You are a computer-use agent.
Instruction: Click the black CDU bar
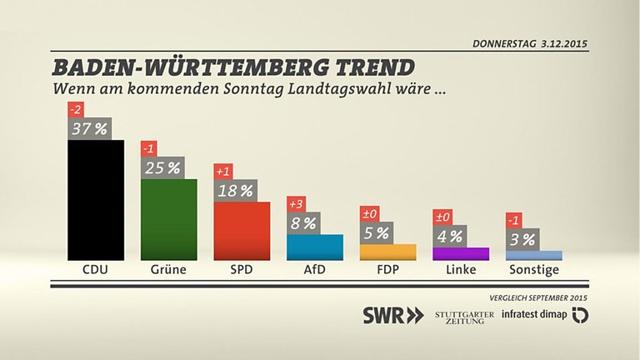tap(95, 200)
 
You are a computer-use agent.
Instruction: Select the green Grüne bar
tap(168, 219)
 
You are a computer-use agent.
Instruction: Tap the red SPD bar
tap(242, 231)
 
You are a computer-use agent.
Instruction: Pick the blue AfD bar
tap(315, 247)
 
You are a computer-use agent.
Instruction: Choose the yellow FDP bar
tap(387, 252)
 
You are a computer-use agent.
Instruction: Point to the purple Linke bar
tap(461, 254)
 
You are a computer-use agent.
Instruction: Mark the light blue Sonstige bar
tap(534, 255)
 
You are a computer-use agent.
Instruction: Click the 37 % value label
tap(90, 128)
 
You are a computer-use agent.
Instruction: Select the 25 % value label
tap(163, 167)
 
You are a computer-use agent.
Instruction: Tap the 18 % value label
tap(236, 191)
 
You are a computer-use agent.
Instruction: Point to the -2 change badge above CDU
tap(76, 109)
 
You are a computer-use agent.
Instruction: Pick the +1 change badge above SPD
tap(222, 172)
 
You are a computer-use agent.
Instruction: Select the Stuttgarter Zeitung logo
tap(464, 317)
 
